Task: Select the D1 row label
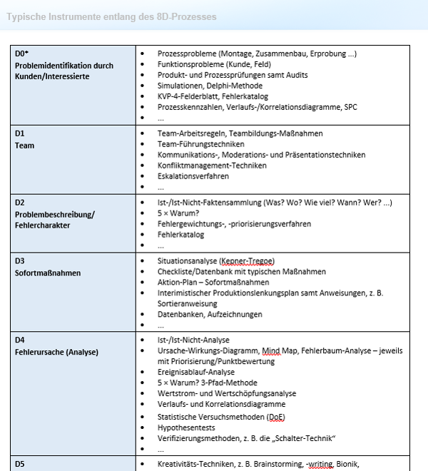[19, 133]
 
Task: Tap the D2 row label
[19, 202]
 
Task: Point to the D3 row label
[19, 260]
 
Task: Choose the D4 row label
[19, 340]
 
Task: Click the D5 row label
[19, 465]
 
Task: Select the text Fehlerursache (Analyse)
[56, 351]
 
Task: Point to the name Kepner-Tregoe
[247, 260]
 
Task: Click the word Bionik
[347, 465]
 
